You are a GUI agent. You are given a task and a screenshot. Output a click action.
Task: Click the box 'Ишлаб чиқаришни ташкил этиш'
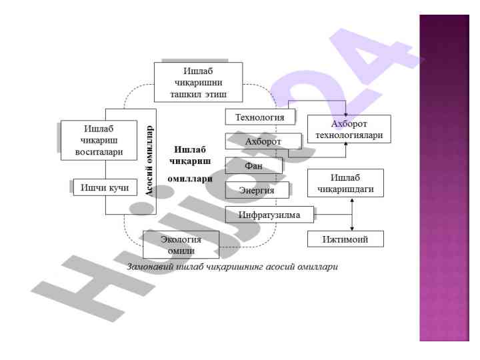pyautogui.click(x=198, y=82)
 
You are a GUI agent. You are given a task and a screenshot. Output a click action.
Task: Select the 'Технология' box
pyautogui.click(x=260, y=118)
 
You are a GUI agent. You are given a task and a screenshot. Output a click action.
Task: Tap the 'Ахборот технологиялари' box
pyautogui.click(x=348, y=129)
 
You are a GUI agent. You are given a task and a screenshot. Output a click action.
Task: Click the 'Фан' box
pyautogui.click(x=254, y=165)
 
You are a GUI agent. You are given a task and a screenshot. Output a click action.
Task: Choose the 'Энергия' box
pyautogui.click(x=257, y=190)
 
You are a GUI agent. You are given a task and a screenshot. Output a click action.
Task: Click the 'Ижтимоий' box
pyautogui.click(x=345, y=239)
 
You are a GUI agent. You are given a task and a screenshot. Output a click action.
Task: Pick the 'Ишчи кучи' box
pyautogui.click(x=105, y=188)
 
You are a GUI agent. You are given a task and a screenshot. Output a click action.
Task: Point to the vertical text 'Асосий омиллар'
pyautogui.click(x=150, y=157)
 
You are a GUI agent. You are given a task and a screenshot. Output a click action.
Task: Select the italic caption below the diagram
pyautogui.click(x=233, y=267)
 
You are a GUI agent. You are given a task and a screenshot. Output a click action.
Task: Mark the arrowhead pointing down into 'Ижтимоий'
pyautogui.click(x=351, y=229)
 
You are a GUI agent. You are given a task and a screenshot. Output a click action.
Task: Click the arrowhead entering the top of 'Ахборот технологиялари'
pyautogui.click(x=345, y=112)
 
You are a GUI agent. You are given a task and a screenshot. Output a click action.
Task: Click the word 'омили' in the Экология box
pyautogui.click(x=180, y=250)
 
